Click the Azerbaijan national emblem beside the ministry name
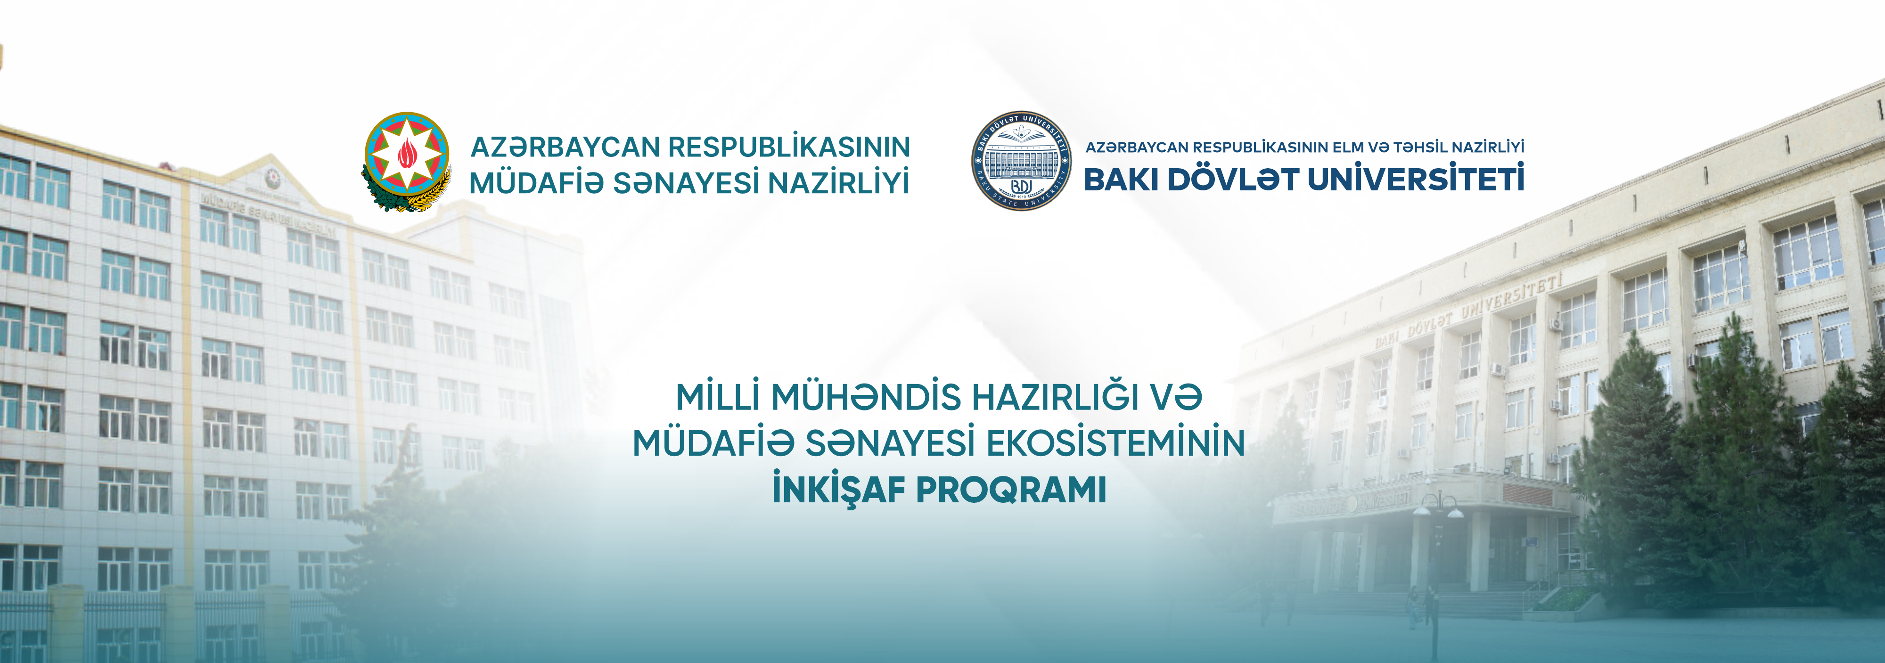click(407, 162)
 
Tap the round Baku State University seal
click(1022, 161)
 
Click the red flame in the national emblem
click(406, 153)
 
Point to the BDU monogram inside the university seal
click(1022, 187)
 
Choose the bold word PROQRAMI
click(1011, 490)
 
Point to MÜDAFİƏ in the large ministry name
click(536, 183)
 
